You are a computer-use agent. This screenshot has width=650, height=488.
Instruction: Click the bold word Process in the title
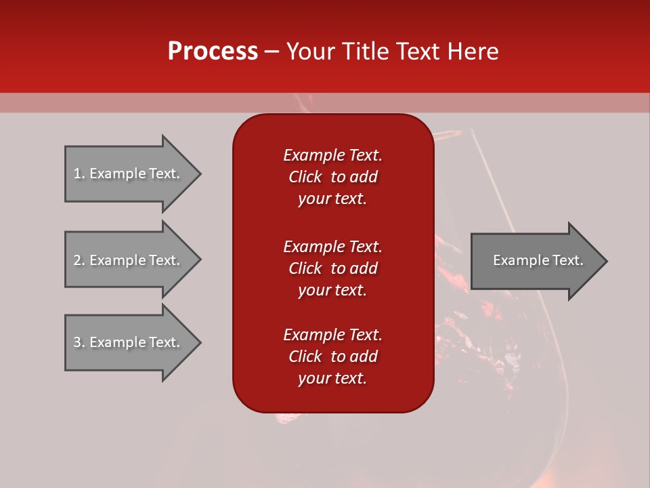(x=213, y=52)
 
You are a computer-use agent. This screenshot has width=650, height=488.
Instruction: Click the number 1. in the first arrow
(x=79, y=174)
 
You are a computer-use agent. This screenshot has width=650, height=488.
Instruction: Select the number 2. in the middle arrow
(x=79, y=260)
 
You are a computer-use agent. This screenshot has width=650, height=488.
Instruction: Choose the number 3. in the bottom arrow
(x=79, y=342)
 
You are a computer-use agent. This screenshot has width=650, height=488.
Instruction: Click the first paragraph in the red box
(x=332, y=177)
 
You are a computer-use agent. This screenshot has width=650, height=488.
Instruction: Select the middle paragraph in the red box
(x=332, y=268)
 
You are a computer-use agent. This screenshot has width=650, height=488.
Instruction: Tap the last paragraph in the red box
(x=332, y=357)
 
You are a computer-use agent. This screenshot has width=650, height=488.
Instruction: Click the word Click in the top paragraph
(x=305, y=177)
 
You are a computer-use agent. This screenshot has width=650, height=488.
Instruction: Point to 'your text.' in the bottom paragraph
(x=332, y=378)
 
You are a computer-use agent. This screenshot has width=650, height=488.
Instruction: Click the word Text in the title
(x=418, y=52)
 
